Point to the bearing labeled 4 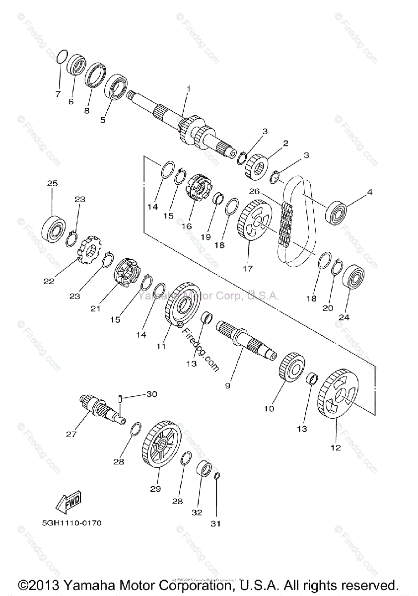tap(338, 212)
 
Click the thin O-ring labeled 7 tap(61, 56)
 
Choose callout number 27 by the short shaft tap(71, 434)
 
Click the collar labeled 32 tap(205, 468)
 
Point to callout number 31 tap(216, 523)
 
